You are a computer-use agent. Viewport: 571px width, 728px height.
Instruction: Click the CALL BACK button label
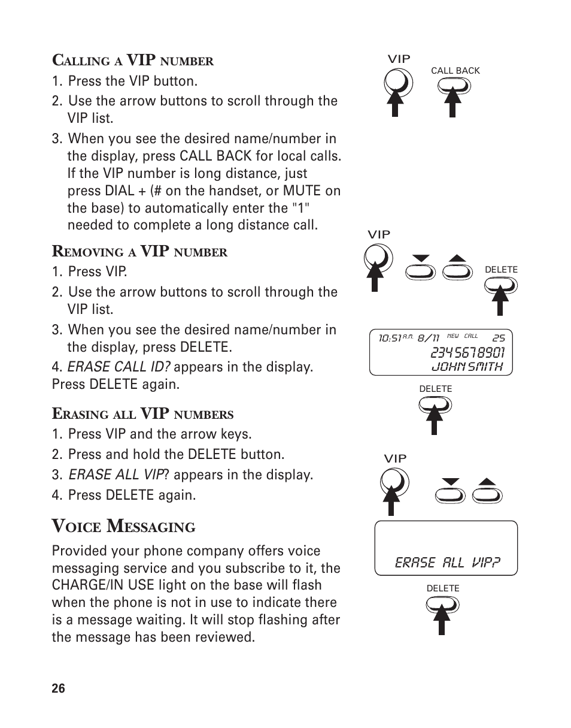tap(455, 71)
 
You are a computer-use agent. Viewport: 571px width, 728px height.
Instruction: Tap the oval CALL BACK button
tap(454, 86)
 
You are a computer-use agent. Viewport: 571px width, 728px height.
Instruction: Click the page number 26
tap(58, 688)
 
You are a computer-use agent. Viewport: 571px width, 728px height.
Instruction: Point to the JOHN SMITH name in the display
tap(467, 366)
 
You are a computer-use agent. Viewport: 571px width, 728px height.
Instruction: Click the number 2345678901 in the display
tap(467, 352)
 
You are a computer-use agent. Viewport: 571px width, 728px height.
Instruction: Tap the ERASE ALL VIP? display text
tap(447, 563)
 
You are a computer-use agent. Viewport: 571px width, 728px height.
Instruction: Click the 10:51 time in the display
tap(389, 339)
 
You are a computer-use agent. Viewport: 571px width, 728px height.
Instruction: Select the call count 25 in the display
tap(499, 339)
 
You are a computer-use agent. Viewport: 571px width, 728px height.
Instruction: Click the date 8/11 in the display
tap(429, 339)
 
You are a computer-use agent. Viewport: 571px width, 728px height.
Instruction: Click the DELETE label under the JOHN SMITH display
tap(435, 389)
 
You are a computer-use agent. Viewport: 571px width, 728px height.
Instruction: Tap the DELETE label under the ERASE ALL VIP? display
tap(443, 588)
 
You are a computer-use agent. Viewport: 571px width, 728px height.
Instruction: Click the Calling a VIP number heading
tap(132, 61)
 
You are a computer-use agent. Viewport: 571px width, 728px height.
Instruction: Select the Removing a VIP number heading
tap(139, 252)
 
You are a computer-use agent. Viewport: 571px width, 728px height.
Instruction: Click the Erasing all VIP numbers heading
tap(142, 413)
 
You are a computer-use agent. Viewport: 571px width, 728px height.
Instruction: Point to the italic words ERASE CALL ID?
tap(119, 367)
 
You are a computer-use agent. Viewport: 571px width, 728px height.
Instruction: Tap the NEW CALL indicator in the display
tap(463, 336)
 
